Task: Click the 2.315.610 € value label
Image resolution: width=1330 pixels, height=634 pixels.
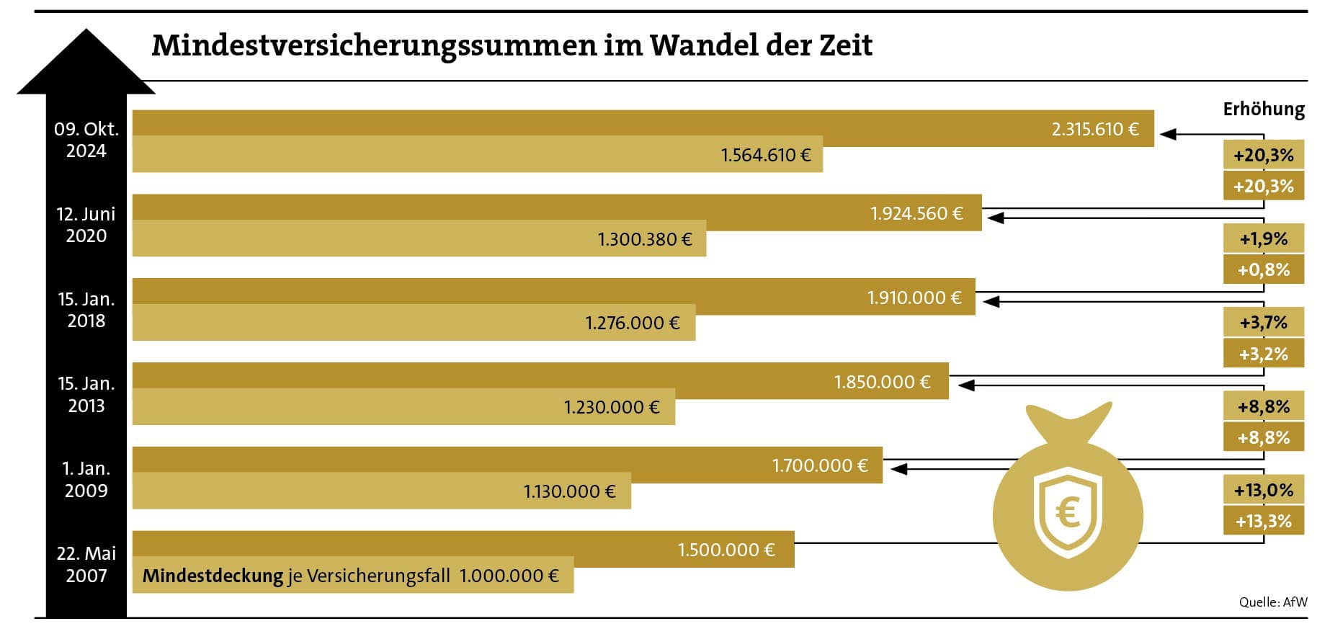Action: coord(1094,130)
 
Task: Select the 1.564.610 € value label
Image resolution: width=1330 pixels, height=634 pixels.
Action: coord(765,156)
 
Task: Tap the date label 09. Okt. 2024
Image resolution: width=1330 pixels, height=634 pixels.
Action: coord(86,140)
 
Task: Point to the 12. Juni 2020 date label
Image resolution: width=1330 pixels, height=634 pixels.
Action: coord(86,225)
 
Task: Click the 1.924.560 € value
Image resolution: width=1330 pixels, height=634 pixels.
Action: coord(916,214)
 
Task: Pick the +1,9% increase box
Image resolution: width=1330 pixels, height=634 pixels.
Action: coord(1263,239)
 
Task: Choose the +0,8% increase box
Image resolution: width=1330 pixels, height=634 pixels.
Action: coord(1263,270)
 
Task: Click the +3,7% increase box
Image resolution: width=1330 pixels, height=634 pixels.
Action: coord(1263,323)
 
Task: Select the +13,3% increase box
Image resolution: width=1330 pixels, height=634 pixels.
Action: coord(1263,522)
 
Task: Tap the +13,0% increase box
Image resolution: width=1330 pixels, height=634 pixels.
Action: coord(1263,491)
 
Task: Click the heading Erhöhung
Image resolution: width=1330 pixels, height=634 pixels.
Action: coord(1263,110)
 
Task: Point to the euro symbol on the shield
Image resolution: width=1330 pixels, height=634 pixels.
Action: coord(1067,513)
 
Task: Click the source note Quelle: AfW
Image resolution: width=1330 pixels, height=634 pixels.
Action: coord(1272,602)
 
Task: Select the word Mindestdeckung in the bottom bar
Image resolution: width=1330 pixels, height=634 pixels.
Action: coord(213,576)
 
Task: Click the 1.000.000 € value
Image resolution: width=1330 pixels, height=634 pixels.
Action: coord(509,576)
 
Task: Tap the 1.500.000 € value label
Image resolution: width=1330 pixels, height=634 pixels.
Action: coord(726,550)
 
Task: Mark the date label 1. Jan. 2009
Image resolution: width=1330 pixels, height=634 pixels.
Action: coord(86,480)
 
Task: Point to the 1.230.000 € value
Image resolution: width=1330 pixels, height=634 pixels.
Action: coord(611,408)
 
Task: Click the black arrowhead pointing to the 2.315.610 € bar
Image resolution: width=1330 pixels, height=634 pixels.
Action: coord(1168,134)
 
